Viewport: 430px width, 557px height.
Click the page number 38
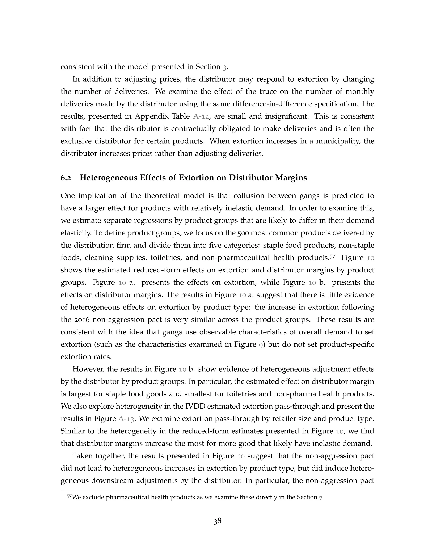[x=217, y=521]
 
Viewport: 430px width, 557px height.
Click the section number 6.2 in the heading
[x=66, y=178]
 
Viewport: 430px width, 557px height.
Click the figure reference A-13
[x=126, y=419]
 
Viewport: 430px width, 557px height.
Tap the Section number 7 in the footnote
[x=321, y=497]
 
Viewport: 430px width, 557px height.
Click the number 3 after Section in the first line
[x=224, y=67]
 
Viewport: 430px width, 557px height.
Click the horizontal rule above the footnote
[x=123, y=490]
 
